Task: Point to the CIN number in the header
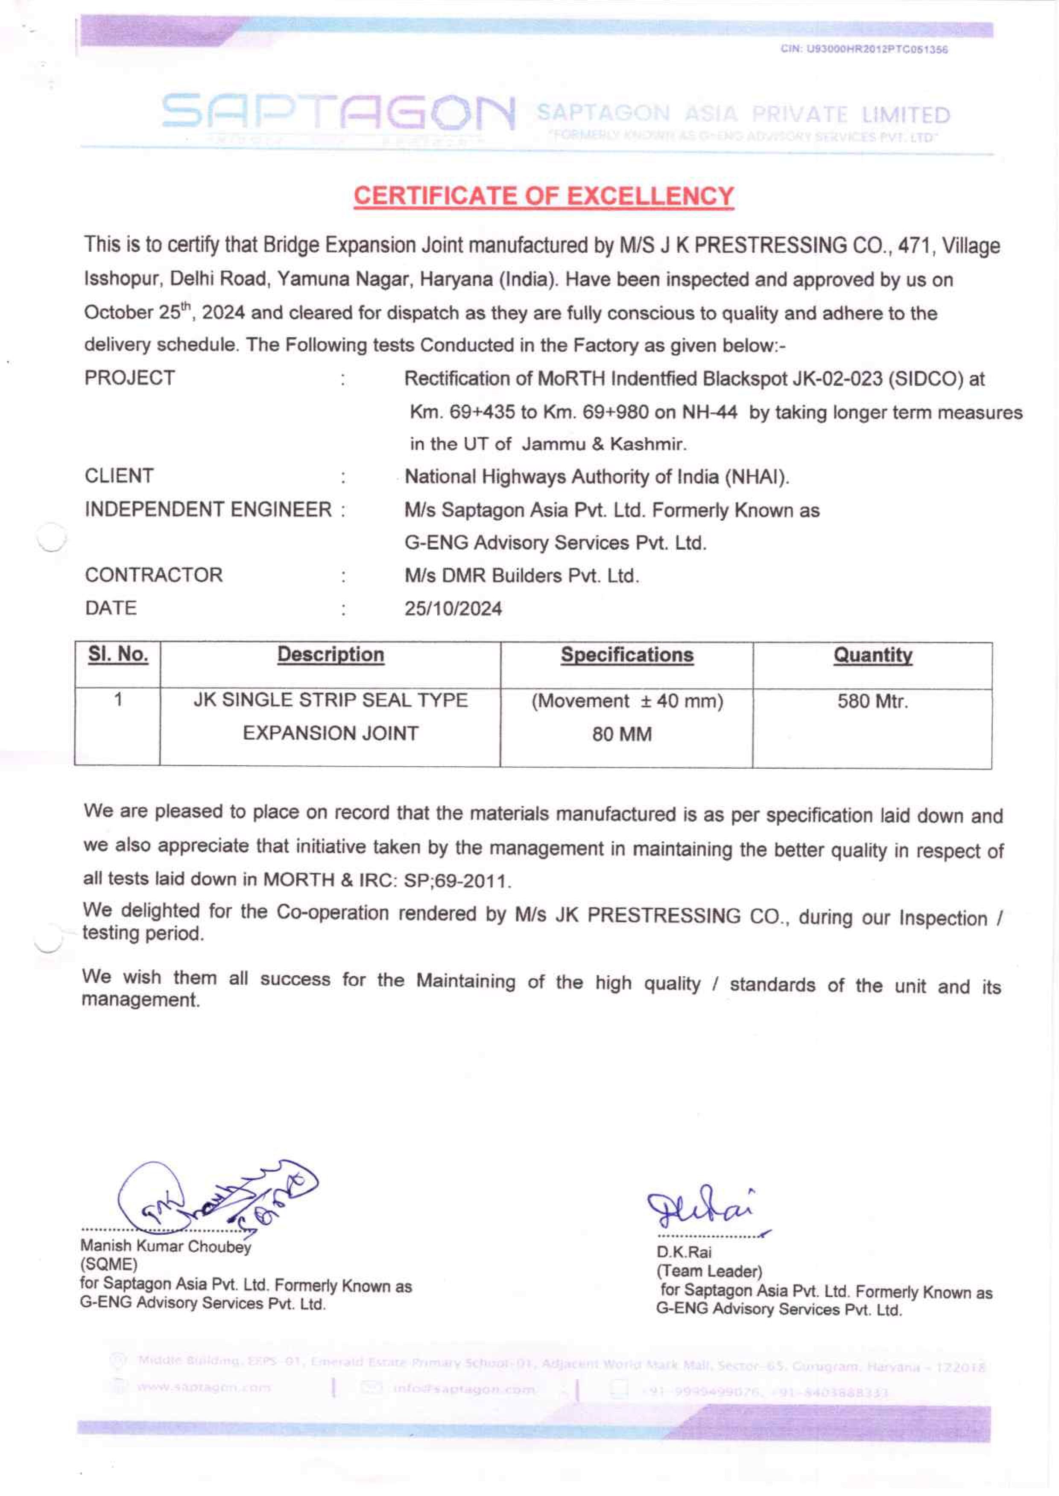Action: (864, 50)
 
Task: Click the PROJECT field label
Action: (130, 378)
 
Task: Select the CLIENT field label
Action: (119, 476)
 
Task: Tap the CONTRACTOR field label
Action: (154, 575)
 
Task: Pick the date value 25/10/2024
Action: (453, 609)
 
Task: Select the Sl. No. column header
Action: (118, 654)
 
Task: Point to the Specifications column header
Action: (627, 656)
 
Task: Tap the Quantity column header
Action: (872, 656)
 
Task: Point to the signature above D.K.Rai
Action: (701, 1209)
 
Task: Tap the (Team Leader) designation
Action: (709, 1272)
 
